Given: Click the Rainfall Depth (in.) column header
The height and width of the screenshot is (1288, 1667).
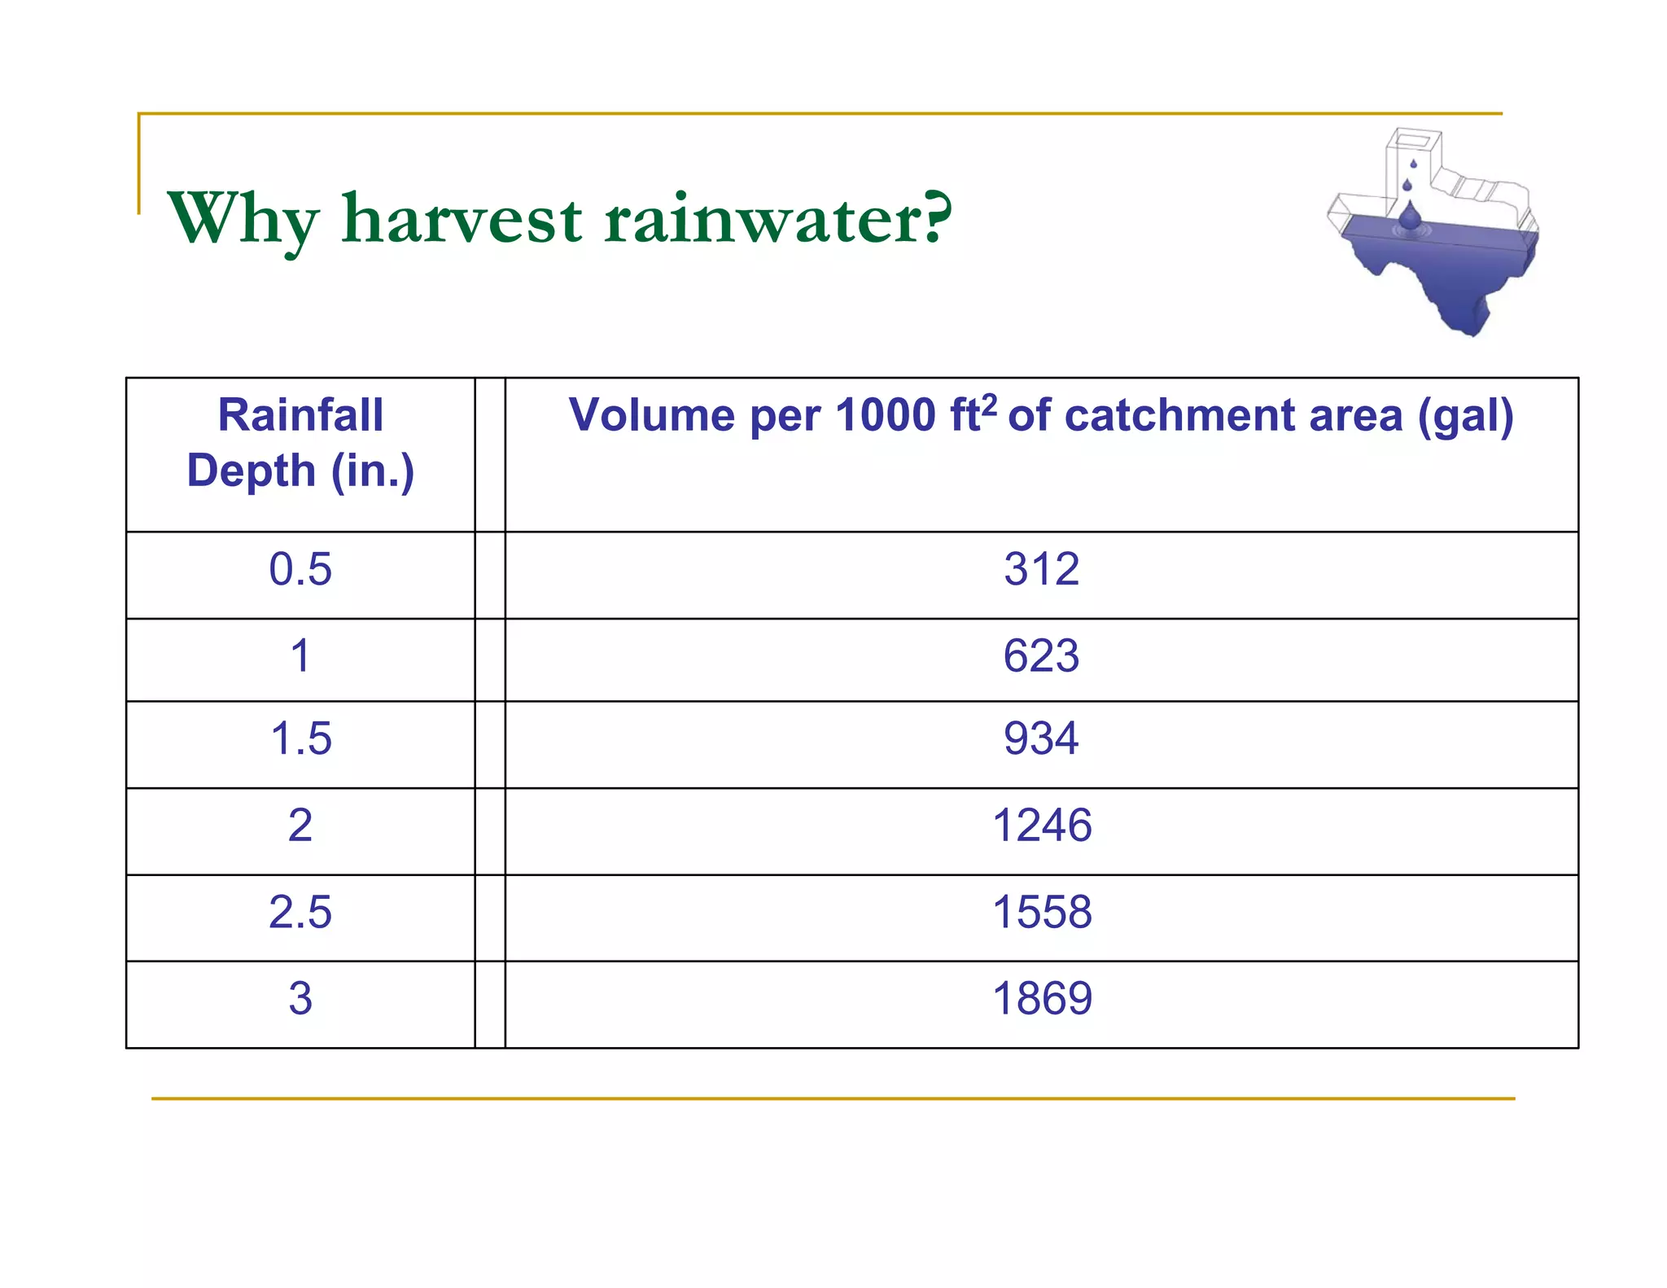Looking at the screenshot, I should tap(300, 444).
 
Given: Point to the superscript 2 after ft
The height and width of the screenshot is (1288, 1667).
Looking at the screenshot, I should tap(989, 405).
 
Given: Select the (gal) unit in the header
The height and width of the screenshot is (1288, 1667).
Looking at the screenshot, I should tap(1464, 416).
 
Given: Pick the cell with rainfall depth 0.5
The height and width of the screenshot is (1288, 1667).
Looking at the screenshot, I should tap(300, 569).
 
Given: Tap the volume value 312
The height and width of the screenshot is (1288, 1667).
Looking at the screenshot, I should tap(1041, 569).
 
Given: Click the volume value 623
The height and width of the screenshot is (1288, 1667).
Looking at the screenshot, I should tap(1041, 656).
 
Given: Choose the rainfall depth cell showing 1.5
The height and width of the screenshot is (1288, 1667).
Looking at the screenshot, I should tap(300, 739).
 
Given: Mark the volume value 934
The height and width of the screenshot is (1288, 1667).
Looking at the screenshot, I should tap(1041, 739).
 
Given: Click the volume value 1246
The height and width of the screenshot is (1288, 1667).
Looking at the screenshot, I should tap(1041, 826).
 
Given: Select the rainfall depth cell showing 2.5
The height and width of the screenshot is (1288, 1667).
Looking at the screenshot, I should tap(300, 913).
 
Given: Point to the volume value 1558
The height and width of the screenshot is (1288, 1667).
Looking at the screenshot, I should tap(1041, 913).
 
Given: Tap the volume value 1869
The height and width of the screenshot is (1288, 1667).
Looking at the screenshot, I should tap(1041, 999).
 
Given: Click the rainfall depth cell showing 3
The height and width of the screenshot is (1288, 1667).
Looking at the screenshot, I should tap(300, 999).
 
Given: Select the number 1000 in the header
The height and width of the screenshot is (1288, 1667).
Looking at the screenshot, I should tap(886, 416).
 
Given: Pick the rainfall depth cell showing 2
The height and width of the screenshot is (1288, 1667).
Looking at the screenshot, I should tap(300, 826).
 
